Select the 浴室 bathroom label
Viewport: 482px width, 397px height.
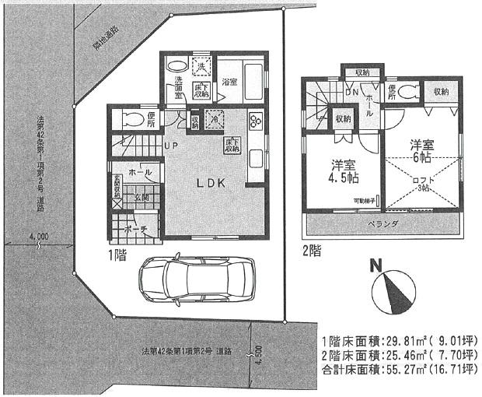tap(229, 82)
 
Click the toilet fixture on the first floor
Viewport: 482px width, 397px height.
tap(124, 119)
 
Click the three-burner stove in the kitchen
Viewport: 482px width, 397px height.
tap(255, 121)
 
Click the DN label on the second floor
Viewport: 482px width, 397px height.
tap(351, 92)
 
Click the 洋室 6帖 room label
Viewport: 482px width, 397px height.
tap(422, 149)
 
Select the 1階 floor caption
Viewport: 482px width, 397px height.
tap(119, 254)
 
